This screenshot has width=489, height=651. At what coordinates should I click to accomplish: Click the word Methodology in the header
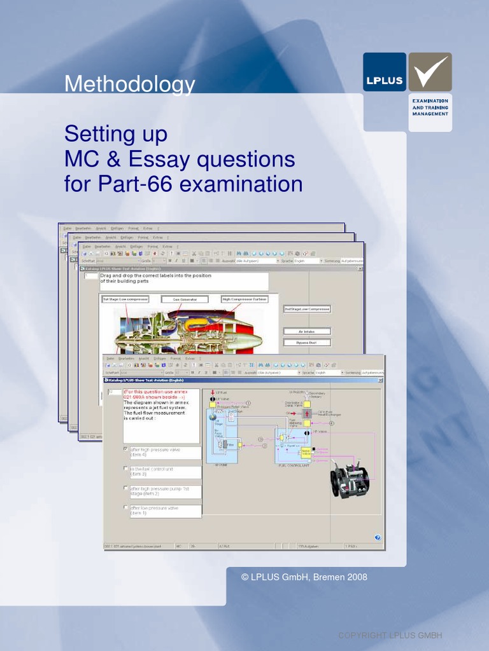point(129,85)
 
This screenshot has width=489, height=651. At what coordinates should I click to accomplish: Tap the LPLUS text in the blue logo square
point(384,80)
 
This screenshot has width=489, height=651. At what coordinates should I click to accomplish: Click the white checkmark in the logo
point(430,71)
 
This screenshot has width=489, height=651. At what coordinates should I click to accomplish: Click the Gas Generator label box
point(184,299)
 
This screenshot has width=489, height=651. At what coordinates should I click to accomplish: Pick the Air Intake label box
point(306,331)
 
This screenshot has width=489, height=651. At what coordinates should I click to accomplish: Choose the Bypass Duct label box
point(306,343)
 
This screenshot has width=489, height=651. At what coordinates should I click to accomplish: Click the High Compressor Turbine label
point(244,299)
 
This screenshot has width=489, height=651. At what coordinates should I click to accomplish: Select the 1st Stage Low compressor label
point(125,299)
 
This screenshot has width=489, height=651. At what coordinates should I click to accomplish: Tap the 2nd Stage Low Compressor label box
point(307,309)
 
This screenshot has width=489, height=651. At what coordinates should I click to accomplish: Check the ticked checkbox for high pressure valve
point(125,449)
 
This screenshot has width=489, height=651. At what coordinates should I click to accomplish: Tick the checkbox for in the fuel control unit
point(125,469)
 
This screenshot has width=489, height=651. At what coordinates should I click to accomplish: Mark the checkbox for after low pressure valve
point(125,507)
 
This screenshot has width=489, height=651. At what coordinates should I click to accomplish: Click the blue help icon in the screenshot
point(377,537)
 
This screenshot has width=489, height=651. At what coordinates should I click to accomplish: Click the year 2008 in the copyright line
point(357,577)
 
